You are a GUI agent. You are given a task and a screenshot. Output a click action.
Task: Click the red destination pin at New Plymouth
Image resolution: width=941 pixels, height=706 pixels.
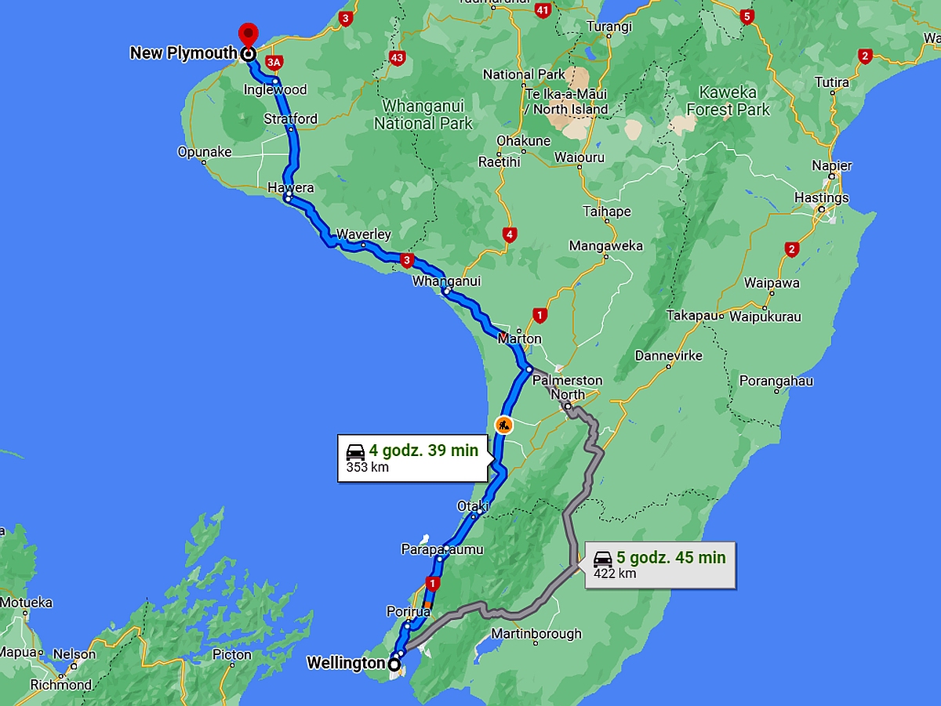pyautogui.click(x=248, y=35)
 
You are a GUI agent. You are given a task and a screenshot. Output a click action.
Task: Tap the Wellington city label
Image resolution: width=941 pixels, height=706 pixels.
pyautogui.click(x=345, y=664)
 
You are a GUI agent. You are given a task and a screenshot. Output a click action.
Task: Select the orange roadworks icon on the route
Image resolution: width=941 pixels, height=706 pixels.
pyautogui.click(x=503, y=425)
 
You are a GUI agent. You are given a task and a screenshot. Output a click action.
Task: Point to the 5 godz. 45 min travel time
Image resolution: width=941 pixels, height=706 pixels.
pyautogui.click(x=670, y=558)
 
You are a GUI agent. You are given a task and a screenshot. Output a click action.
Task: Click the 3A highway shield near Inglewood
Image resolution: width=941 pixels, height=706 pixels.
pyautogui.click(x=273, y=62)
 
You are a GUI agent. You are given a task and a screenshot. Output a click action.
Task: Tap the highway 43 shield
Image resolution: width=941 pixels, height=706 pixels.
pyautogui.click(x=396, y=57)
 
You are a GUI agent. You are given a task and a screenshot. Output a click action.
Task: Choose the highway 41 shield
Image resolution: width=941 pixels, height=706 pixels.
pyautogui.click(x=543, y=10)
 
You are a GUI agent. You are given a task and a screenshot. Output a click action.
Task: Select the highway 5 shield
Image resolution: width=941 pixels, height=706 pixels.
pyautogui.click(x=747, y=16)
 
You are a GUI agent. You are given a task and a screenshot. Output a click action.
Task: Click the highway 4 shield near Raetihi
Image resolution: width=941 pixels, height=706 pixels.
pyautogui.click(x=510, y=234)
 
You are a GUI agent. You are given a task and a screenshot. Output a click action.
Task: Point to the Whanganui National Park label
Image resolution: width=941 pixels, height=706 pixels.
pyautogui.click(x=423, y=114)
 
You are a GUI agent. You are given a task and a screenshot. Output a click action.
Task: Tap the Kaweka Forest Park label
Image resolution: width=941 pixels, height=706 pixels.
pyautogui.click(x=728, y=101)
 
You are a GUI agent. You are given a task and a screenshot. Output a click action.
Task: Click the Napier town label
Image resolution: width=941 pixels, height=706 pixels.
pyautogui.click(x=832, y=166)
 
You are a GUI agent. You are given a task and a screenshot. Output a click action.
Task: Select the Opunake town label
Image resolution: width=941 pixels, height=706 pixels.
pyautogui.click(x=205, y=152)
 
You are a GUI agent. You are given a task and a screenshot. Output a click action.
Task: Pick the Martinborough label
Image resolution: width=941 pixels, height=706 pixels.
pyautogui.click(x=536, y=633)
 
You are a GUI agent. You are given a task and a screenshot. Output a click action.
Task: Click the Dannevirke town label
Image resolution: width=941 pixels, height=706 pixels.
pyautogui.click(x=668, y=355)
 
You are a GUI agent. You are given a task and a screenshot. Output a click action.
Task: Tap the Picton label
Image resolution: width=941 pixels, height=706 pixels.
pyautogui.click(x=232, y=654)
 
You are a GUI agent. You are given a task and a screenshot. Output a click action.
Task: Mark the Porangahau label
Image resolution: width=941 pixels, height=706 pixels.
pyautogui.click(x=776, y=382)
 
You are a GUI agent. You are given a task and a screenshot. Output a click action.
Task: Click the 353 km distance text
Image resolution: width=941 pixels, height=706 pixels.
pyautogui.click(x=367, y=468)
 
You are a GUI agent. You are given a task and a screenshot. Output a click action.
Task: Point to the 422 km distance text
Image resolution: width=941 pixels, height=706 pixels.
pyautogui.click(x=615, y=574)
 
